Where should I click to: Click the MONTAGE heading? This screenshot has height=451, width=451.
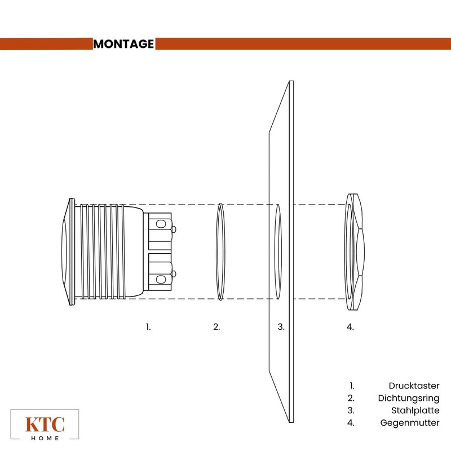(x=123, y=44)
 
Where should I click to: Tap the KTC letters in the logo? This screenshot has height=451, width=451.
(x=45, y=425)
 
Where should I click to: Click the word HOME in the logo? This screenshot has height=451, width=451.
(x=45, y=439)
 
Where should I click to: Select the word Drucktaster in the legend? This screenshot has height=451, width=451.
(x=414, y=386)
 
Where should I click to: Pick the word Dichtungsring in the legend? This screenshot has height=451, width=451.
(x=409, y=399)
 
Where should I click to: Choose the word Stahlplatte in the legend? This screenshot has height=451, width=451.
(x=415, y=410)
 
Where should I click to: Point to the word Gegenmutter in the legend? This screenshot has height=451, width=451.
(x=410, y=423)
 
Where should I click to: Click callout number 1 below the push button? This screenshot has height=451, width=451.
(x=148, y=327)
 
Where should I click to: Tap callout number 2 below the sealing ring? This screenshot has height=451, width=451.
(x=216, y=327)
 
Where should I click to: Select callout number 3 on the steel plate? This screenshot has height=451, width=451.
(x=281, y=327)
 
